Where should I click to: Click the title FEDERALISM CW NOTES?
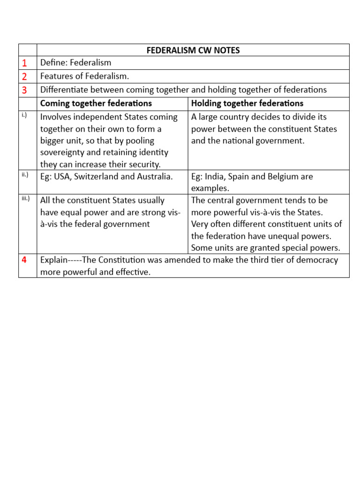(193, 50)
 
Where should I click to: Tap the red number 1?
(24, 63)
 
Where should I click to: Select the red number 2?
(24, 76)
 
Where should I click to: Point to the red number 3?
(24, 90)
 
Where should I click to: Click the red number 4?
(24, 260)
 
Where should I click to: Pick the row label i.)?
(24, 115)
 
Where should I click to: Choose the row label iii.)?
(25, 198)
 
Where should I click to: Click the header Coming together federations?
(96, 103)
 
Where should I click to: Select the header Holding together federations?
(247, 103)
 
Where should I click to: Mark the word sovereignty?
(64, 152)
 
